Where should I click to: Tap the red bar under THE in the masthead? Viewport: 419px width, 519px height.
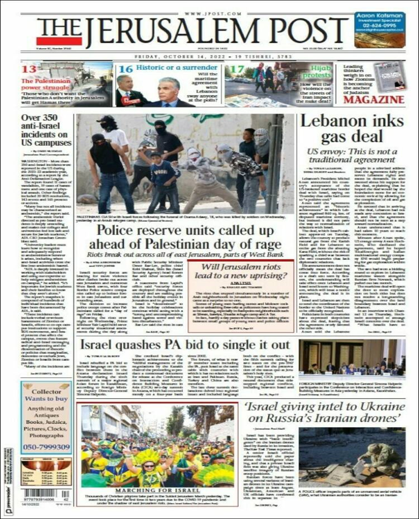coord(59,41)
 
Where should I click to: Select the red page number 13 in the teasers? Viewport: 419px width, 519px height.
coord(29,69)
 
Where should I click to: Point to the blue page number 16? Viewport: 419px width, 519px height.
coord(125,69)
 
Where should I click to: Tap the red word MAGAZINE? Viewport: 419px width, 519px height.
coord(374,99)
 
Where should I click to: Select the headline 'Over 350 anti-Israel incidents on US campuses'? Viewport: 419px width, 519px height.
coord(46,130)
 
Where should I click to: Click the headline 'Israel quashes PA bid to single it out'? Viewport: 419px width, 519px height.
coord(185,345)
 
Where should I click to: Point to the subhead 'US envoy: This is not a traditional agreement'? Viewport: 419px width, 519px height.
coord(351,155)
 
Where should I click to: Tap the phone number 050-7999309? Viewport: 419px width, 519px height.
coord(46,447)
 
